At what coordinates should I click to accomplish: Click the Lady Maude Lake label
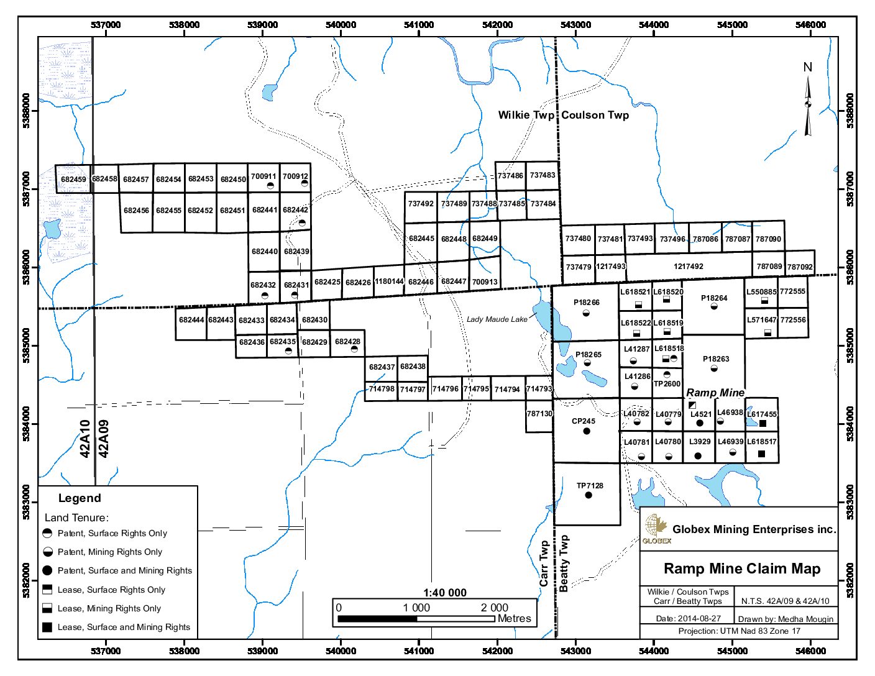[x=497, y=319]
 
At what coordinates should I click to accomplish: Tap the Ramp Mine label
[x=715, y=393]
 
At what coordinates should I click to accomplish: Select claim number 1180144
[x=389, y=281]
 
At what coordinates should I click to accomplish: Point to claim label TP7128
[x=590, y=486]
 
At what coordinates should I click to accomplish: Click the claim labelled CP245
[x=584, y=421]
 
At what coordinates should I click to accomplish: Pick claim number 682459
[x=73, y=180]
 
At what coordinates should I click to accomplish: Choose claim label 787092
[x=800, y=267]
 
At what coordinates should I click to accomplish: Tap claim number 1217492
[x=689, y=266]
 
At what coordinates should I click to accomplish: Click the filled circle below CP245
[x=586, y=431]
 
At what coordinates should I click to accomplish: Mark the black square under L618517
[x=761, y=454]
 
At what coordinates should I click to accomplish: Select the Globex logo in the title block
[x=655, y=529]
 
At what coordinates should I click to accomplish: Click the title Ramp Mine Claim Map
[x=742, y=569]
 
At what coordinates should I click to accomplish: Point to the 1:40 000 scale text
[x=445, y=592]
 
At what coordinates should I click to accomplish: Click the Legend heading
[x=80, y=498]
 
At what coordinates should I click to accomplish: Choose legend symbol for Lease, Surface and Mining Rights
[x=47, y=628]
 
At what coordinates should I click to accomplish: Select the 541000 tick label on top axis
[x=419, y=25]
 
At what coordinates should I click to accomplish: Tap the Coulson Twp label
[x=595, y=115]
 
